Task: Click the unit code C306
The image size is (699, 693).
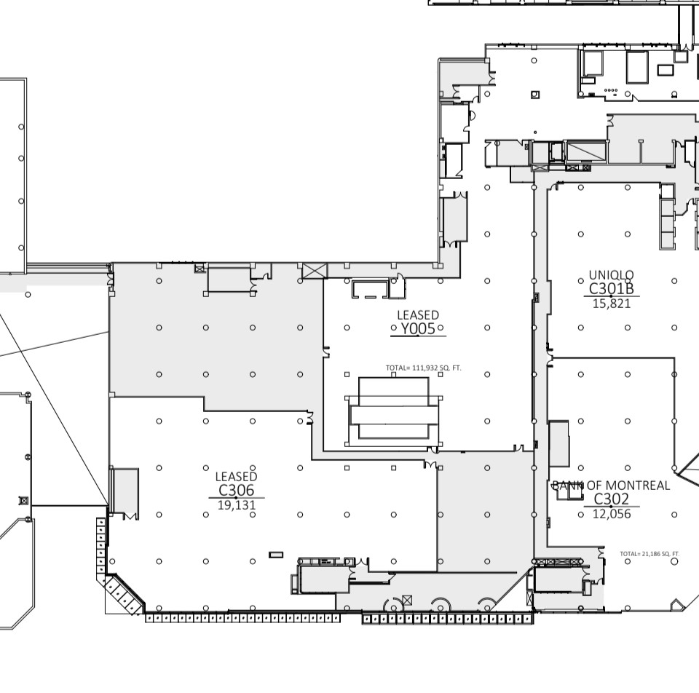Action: [x=236, y=490]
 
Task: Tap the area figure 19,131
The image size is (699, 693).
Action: [x=236, y=505]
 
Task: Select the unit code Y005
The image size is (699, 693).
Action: [x=418, y=329]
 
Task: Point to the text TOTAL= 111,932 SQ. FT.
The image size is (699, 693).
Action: [x=424, y=368]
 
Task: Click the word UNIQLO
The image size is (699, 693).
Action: [x=611, y=275]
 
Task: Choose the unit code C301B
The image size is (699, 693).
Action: [x=611, y=289]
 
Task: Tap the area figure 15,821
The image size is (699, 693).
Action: [x=612, y=304]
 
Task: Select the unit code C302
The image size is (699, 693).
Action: [x=612, y=499]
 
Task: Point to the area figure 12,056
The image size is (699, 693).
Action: [x=612, y=514]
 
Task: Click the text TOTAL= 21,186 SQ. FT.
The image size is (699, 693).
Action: [x=649, y=554]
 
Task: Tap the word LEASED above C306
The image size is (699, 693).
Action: [x=236, y=477]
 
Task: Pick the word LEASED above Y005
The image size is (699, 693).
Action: [x=418, y=315]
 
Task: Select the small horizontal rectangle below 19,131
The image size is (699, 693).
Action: [x=276, y=555]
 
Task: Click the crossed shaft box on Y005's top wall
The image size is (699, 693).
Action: [x=315, y=271]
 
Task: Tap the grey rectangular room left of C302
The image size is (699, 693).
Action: [x=558, y=444]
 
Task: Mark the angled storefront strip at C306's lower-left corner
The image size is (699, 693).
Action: [x=125, y=593]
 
